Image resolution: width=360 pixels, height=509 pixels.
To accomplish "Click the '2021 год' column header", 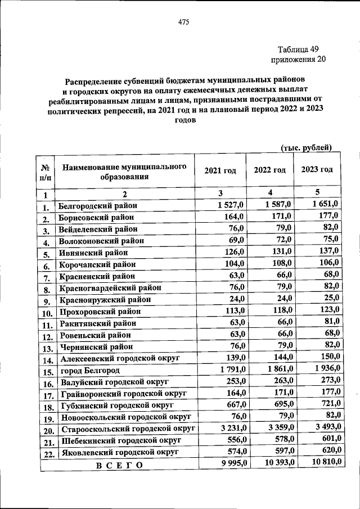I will point(220,170).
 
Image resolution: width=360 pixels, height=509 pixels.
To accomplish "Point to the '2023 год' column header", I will point(317,169).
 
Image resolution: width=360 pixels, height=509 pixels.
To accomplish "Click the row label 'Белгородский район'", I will point(98,206).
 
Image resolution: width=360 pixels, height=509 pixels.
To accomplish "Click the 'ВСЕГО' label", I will point(119,465).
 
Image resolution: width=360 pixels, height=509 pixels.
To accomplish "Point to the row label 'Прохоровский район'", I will point(100,312).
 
